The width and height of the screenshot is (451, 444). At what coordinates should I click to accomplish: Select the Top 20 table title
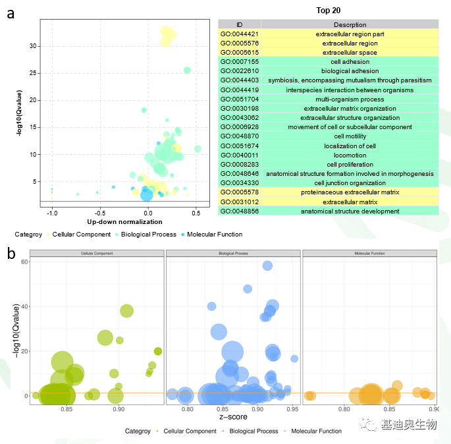(328, 11)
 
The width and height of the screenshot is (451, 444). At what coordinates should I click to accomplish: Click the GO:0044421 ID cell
(239, 34)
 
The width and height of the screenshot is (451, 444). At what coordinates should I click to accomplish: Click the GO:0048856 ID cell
(239, 211)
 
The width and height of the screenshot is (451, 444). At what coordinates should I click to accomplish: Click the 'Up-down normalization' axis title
(124, 222)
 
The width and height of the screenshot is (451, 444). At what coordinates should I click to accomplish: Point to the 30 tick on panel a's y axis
(32, 45)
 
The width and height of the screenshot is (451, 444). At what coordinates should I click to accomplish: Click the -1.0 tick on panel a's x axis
(52, 213)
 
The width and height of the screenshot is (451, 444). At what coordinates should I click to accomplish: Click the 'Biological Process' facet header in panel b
(233, 253)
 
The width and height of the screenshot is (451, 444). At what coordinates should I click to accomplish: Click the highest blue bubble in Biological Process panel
(267, 265)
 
